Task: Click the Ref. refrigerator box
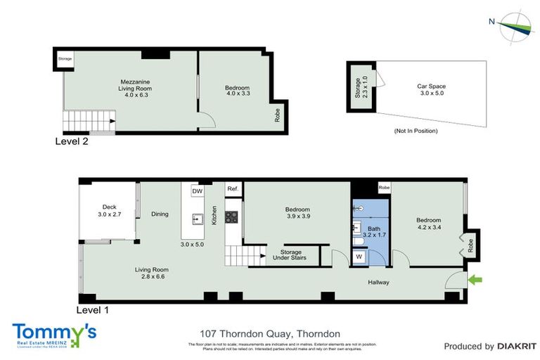(x=233, y=189)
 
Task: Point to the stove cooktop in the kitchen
(x=231, y=217)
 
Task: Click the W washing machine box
(x=359, y=257)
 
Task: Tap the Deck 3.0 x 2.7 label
(x=110, y=210)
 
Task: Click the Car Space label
(x=432, y=90)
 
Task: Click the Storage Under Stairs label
(x=291, y=255)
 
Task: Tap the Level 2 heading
(x=72, y=141)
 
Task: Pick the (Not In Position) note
(x=416, y=131)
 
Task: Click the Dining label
(x=160, y=214)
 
